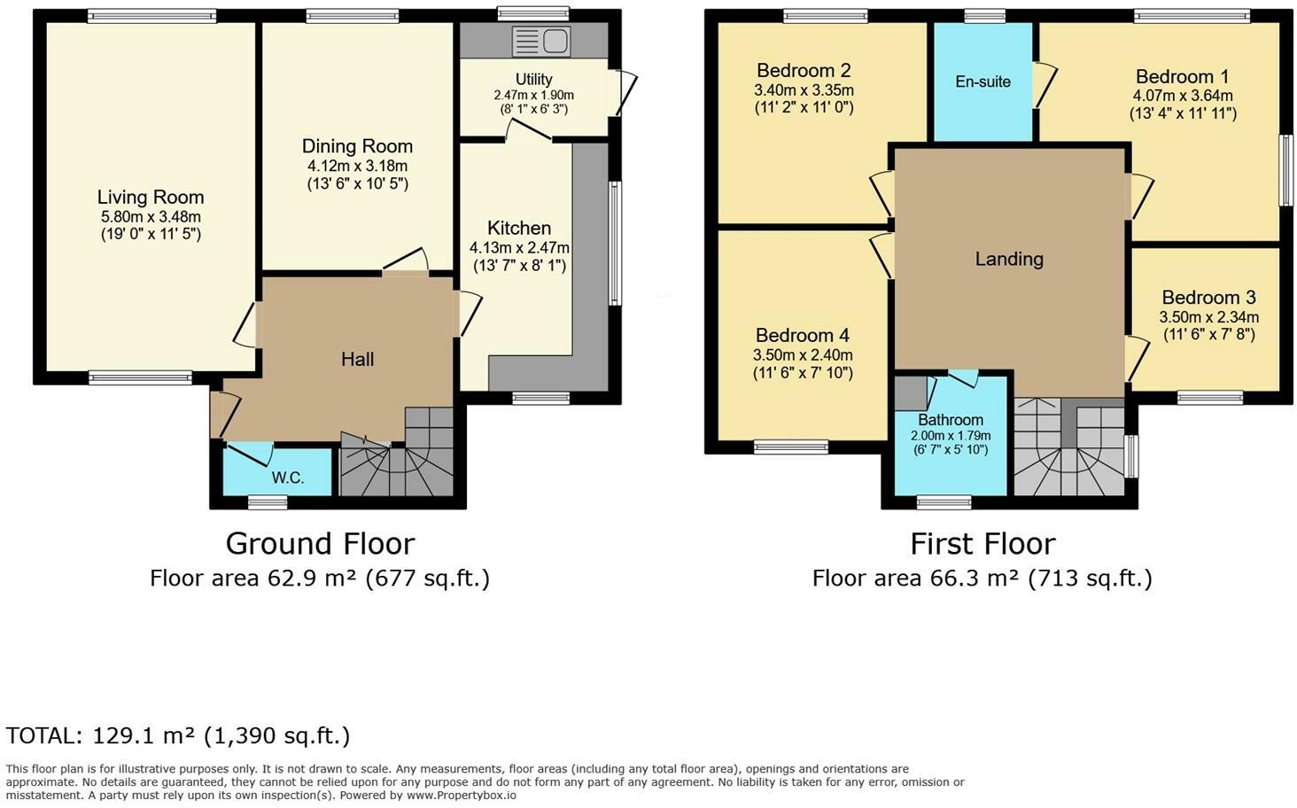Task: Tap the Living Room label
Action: (x=151, y=198)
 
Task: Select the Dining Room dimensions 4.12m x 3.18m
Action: (x=357, y=166)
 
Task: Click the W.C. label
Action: (x=288, y=478)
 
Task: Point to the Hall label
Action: (x=357, y=359)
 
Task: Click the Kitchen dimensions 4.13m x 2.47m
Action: (x=519, y=247)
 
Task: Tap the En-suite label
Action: (x=982, y=82)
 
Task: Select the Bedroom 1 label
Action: (x=1182, y=76)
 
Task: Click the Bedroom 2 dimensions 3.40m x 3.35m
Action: (x=804, y=89)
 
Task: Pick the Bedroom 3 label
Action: (x=1208, y=298)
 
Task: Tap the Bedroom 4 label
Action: (x=802, y=335)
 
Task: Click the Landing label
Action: (x=1009, y=259)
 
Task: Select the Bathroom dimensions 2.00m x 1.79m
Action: (x=951, y=435)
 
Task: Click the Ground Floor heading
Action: (x=320, y=543)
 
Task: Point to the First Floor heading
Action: (x=982, y=543)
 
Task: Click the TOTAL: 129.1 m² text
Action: (x=178, y=735)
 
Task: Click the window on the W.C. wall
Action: (x=268, y=502)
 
